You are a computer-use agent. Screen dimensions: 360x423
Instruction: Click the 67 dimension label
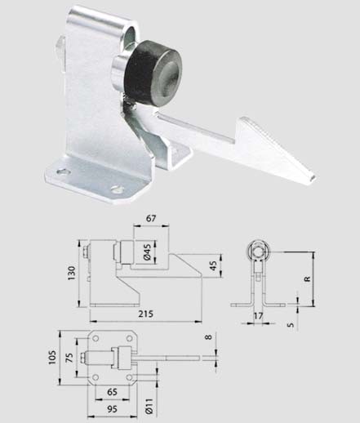pos(151,219)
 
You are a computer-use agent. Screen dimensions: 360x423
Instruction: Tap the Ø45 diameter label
pos(147,252)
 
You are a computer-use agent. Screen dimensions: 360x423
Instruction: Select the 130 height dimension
pos(71,273)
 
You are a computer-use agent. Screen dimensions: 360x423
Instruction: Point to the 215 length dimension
pos(146,314)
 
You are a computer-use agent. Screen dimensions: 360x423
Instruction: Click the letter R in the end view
pos(307,278)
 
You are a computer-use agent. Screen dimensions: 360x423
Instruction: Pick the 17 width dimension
pos(258,316)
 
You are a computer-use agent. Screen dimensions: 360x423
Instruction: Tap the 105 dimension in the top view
pos(52,357)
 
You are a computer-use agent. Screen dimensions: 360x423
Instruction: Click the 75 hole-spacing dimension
pos(69,358)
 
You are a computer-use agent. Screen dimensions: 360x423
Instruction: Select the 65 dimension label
pos(112,392)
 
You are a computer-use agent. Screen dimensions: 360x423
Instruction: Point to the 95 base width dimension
pos(112,409)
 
